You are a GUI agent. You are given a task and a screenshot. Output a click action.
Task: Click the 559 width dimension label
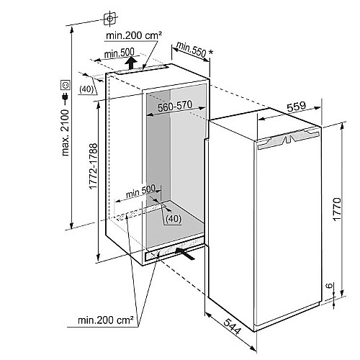tap(297, 107)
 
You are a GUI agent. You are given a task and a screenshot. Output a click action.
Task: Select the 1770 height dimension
tap(337, 209)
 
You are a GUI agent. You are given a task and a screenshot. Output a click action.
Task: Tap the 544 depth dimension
tap(232, 326)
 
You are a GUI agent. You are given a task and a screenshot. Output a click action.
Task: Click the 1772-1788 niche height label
tap(93, 166)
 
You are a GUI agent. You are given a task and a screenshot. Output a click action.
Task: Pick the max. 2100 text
tap(66, 133)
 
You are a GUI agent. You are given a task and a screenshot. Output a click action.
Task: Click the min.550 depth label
tap(192, 50)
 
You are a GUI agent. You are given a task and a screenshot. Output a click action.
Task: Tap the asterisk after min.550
tap(211, 52)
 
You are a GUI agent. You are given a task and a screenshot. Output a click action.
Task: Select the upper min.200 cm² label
tap(134, 35)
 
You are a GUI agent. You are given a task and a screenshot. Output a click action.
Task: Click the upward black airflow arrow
tap(131, 63)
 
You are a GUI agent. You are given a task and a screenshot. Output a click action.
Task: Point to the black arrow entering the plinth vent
tap(185, 253)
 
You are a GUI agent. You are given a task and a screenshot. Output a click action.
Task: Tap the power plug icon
tap(65, 97)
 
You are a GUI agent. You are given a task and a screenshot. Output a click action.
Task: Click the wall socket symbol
tap(66, 85)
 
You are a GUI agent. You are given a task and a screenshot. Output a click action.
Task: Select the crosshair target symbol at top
tap(110, 19)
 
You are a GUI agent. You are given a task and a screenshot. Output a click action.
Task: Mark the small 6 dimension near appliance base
tap(330, 286)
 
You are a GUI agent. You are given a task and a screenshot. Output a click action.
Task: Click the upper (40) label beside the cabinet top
tap(86, 89)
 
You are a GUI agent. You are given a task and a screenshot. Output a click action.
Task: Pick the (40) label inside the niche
tap(174, 219)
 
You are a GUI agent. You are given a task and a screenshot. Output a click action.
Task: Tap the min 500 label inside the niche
tap(141, 192)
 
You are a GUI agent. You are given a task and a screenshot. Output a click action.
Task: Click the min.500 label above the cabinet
tap(120, 53)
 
